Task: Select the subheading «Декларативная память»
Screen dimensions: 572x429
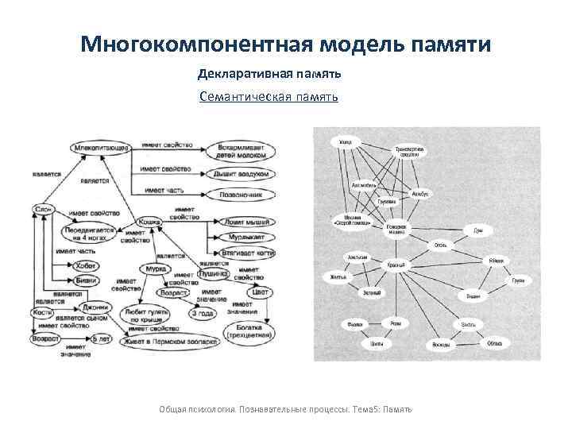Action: [x=269, y=74]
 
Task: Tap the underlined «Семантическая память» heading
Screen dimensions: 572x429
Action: [x=269, y=97]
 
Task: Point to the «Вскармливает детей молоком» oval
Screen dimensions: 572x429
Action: [x=238, y=151]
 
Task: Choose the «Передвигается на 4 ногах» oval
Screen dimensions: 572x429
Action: [x=90, y=234]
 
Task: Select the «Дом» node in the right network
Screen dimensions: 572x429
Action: [x=477, y=230]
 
